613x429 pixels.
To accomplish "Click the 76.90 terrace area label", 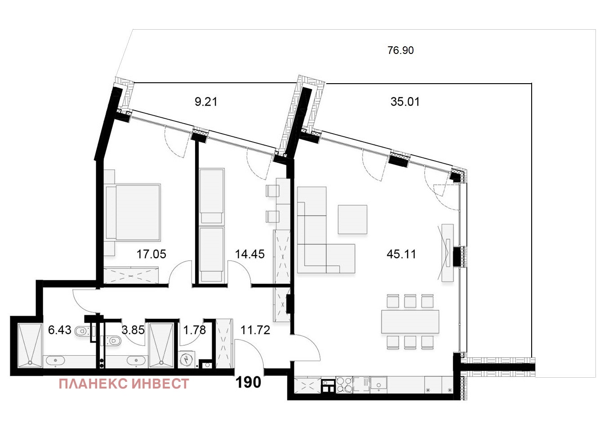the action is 400,50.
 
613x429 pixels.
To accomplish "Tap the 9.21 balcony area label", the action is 206,102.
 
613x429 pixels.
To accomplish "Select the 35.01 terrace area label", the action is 405,102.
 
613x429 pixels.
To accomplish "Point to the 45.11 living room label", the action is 401,255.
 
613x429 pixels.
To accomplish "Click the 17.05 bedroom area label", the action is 151,255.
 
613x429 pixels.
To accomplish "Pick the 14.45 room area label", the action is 249,255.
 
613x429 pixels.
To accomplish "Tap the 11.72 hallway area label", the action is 255,330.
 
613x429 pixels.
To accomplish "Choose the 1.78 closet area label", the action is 194,330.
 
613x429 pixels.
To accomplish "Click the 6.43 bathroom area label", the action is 60,330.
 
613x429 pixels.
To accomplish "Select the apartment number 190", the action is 248,383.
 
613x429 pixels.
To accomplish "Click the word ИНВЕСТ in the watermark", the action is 160,384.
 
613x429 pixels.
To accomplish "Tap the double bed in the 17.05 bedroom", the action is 133,213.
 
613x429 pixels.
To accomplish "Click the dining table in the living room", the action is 410,322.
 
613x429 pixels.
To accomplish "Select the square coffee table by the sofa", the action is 352,219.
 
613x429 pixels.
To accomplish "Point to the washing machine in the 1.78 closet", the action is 187,360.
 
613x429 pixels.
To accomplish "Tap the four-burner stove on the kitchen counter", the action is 344,385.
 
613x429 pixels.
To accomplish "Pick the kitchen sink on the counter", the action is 378,385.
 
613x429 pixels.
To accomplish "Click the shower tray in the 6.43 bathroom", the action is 30,346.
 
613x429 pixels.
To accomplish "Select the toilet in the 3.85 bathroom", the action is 114,341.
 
